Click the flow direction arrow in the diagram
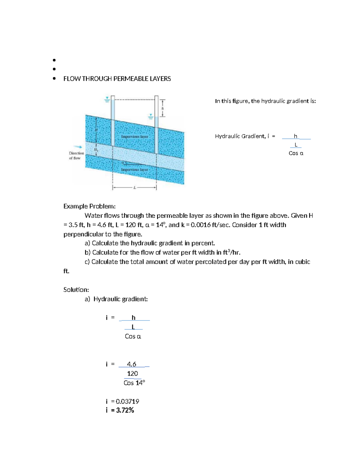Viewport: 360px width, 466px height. coord(78,147)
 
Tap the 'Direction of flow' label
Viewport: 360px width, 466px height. coord(76,155)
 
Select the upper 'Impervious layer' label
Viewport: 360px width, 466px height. coord(134,137)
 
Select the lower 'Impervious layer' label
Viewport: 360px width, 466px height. coord(134,170)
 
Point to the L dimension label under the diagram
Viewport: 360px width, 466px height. coord(135,188)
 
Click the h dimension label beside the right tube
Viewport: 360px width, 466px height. coord(163,108)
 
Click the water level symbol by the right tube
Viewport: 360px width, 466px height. coord(151,116)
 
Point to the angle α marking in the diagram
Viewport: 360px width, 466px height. coord(123,162)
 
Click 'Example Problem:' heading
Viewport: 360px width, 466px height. coord(89,206)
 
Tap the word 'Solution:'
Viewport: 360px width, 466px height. coord(76,290)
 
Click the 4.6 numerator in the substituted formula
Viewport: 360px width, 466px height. coord(131,364)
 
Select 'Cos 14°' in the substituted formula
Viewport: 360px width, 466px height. coord(134,383)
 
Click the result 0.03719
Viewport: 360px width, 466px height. coord(127,401)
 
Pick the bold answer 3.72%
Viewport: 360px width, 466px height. coord(125,410)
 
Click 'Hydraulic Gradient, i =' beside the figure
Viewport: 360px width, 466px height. coord(245,136)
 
